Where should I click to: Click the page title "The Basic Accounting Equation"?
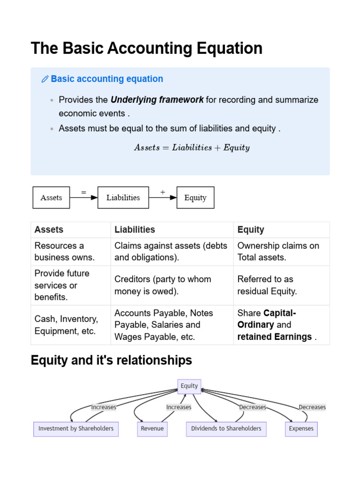pyautogui.click(x=146, y=48)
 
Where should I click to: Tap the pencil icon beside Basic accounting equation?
pyautogui.click(x=45, y=79)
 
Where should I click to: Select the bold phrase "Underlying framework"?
pyautogui.click(x=157, y=100)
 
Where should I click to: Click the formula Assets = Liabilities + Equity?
pyautogui.click(x=192, y=148)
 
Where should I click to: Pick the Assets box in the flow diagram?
pyautogui.click(x=51, y=197)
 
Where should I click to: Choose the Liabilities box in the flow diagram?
pyautogui.click(x=123, y=197)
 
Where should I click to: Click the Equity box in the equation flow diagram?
pyautogui.click(x=195, y=197)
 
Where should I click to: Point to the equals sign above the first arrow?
pyautogui.click(x=83, y=192)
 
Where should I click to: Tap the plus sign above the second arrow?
pyautogui.click(x=163, y=192)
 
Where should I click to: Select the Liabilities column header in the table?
pyautogui.click(x=135, y=230)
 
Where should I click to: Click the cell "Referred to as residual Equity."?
pyautogui.click(x=267, y=285)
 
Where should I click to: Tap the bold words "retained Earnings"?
pyautogui.click(x=274, y=337)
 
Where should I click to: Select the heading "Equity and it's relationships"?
pyautogui.click(x=111, y=360)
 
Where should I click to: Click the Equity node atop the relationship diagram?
pyautogui.click(x=189, y=386)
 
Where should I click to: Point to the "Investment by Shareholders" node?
pyautogui.click(x=76, y=429)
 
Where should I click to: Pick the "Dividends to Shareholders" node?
pyautogui.click(x=226, y=429)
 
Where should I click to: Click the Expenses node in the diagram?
pyautogui.click(x=301, y=429)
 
